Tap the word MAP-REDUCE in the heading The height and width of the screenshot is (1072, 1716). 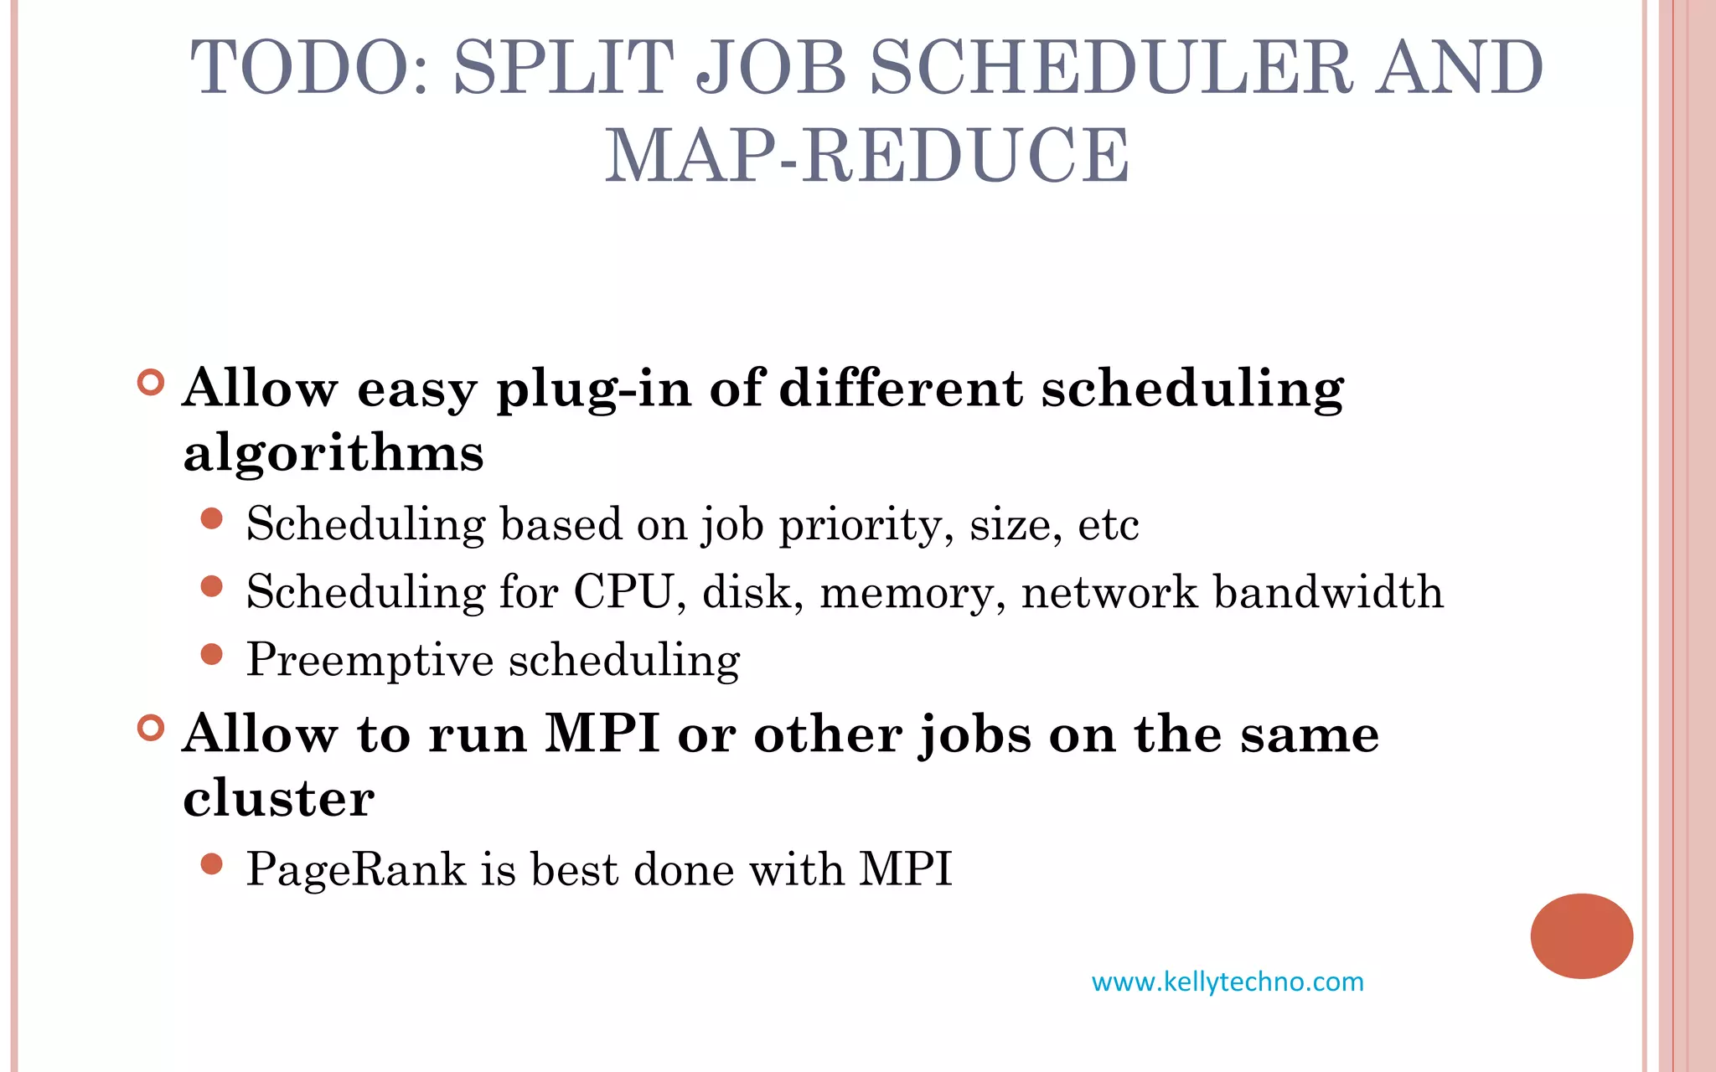867,156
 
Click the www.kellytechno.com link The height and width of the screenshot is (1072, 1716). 1228,982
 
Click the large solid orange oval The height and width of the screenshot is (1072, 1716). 1581,935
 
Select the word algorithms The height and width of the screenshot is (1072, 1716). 333,454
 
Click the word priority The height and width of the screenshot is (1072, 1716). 866,526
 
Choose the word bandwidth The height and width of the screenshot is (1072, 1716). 1328,593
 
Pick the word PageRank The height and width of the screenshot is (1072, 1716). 355,869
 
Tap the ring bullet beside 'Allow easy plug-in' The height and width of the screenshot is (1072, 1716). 151,383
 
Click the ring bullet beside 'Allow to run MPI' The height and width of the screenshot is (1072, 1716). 151,727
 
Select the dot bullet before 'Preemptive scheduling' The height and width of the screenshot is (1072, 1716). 212,654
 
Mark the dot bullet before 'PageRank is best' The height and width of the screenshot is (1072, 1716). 212,863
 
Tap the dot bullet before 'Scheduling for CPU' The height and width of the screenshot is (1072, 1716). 212,586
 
